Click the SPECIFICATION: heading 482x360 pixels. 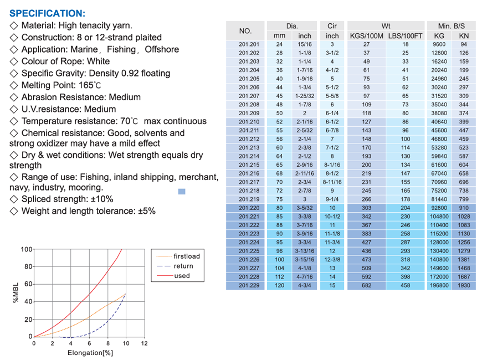click(48, 13)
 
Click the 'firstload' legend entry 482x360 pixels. click(186, 256)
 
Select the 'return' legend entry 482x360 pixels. click(183, 266)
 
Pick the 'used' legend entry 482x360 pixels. click(182, 275)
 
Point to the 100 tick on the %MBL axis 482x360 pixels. click(26, 249)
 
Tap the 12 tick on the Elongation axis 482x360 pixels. click(144, 343)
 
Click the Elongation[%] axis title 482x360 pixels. click(90, 353)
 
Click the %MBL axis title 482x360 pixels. click(16, 293)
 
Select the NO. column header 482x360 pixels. click(245, 31)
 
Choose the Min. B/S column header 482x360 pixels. click(451, 26)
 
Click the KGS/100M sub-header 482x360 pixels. click(367, 36)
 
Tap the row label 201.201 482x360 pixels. click(249, 44)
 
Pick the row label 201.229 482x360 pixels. click(249, 286)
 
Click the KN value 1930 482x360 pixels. click(464, 286)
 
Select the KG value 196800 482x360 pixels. click(439, 286)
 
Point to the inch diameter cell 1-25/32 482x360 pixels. click(304, 96)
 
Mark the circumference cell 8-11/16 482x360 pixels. click(332, 182)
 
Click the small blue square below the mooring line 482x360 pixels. click(181, 192)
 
